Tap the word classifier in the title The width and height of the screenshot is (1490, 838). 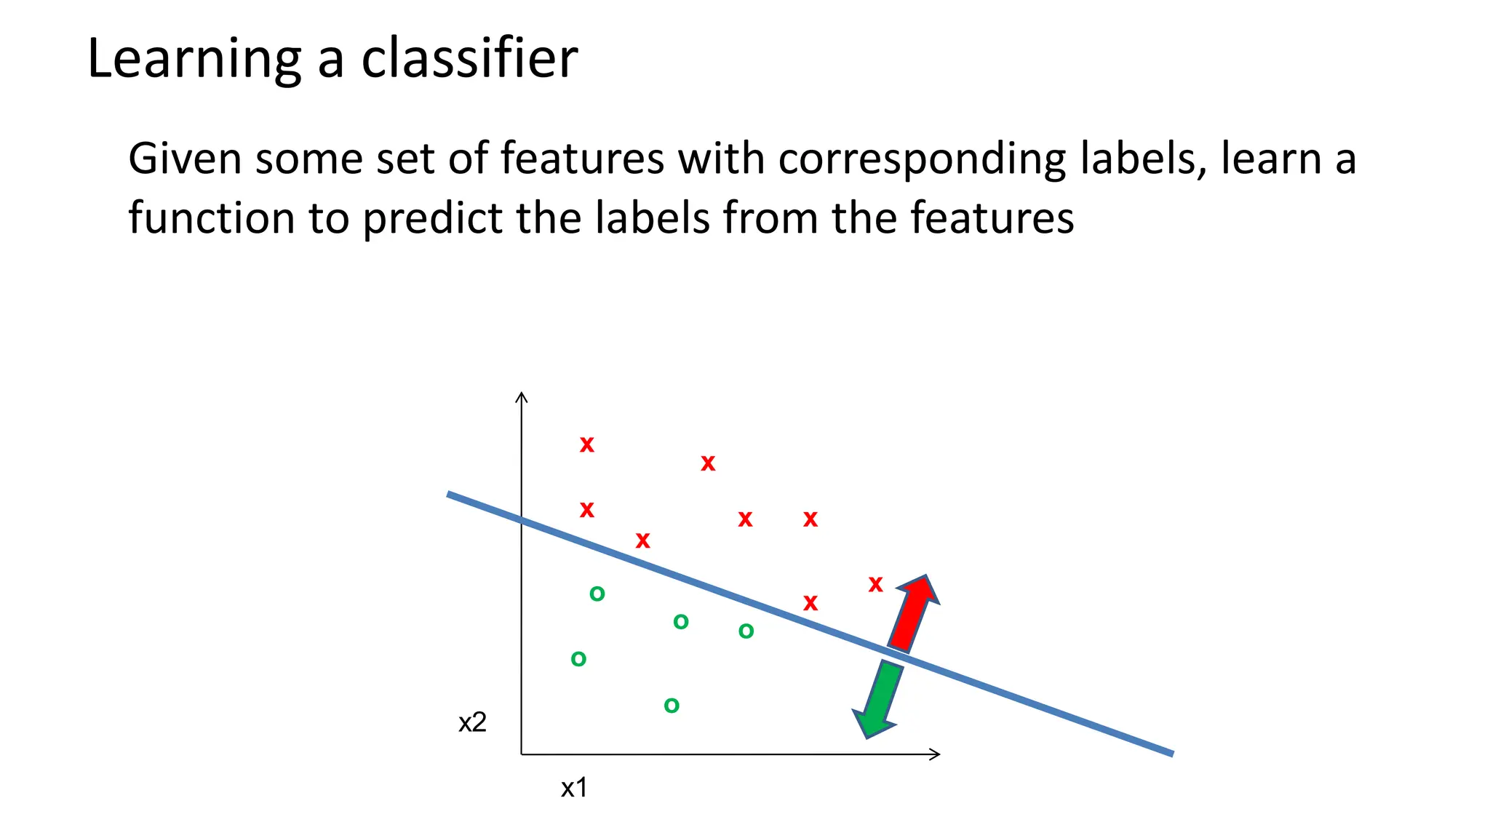coord(469,58)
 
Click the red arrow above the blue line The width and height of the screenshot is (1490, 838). coord(913,612)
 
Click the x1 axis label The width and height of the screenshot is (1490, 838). coord(574,788)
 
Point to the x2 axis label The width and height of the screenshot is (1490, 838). coord(472,722)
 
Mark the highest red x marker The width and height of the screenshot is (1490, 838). coord(586,444)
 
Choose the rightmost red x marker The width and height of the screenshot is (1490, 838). coord(875,584)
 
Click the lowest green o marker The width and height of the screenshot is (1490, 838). coord(672,706)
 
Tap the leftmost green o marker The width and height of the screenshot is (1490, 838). coord(578,660)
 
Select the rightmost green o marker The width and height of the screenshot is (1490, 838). coord(746,631)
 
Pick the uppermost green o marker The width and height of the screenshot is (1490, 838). coord(597,594)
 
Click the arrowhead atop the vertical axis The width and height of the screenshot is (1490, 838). coord(521,396)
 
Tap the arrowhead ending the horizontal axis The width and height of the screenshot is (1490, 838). coord(936,754)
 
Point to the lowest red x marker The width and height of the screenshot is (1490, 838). coord(810,603)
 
